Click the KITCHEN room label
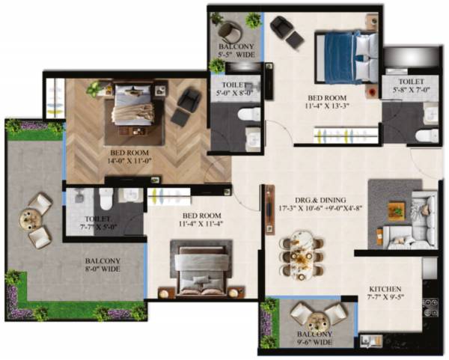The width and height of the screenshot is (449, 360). tap(385, 288)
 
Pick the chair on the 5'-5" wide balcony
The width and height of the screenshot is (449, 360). tap(230, 31)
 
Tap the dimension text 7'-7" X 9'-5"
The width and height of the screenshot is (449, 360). tap(385, 297)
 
